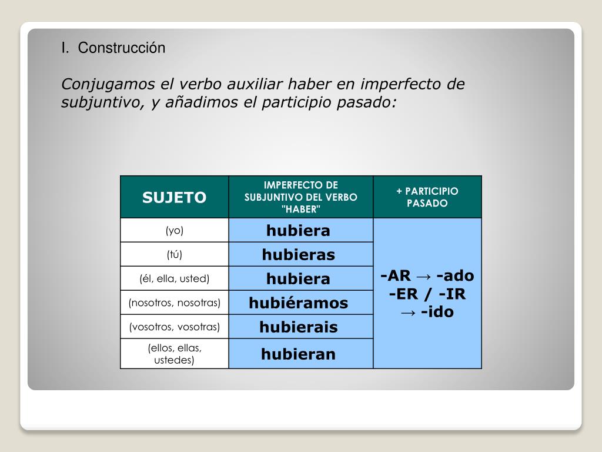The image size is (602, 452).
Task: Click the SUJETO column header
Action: [x=174, y=197]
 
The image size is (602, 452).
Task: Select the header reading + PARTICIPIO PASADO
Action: [x=427, y=197]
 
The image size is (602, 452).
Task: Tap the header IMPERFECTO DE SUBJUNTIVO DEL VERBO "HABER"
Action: [x=300, y=197]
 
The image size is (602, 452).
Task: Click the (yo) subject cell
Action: [x=174, y=230]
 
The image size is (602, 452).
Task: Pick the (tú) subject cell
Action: [x=174, y=254]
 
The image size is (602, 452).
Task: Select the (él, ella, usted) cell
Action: [x=174, y=278]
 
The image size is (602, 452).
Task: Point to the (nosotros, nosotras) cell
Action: [x=174, y=303]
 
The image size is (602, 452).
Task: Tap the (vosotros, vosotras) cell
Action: [x=174, y=327]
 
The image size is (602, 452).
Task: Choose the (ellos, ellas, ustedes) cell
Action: [x=174, y=354]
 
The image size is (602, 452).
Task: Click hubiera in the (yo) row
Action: [x=298, y=230]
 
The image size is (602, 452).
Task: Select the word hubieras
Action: [x=298, y=254]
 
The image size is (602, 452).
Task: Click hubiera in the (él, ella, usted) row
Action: [x=298, y=278]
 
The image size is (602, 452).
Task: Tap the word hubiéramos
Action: [x=298, y=303]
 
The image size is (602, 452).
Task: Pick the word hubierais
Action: [x=298, y=327]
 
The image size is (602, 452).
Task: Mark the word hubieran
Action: [x=298, y=354]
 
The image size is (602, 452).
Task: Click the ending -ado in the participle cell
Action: [x=455, y=275]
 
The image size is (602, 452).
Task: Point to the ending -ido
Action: [x=437, y=312]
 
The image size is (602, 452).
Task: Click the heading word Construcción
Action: [x=122, y=48]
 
